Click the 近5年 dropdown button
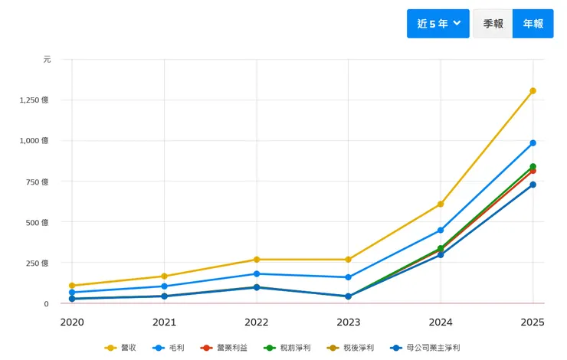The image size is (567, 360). pos(438,24)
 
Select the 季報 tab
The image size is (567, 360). pos(493,24)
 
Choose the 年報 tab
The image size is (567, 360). pos(533,24)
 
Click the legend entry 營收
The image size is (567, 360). pos(120,348)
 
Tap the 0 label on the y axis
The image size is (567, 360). pos(46,304)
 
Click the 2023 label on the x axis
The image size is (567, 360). pos(349,322)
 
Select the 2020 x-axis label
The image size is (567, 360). pos(72,322)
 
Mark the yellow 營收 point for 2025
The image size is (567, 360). pos(533,91)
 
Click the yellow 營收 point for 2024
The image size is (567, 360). pos(441,205)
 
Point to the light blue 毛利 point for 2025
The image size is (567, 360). pos(533,143)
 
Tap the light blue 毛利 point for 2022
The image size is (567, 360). pos(257,274)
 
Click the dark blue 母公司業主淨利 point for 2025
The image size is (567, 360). pos(533,185)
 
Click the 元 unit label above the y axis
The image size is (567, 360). pos(47,60)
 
